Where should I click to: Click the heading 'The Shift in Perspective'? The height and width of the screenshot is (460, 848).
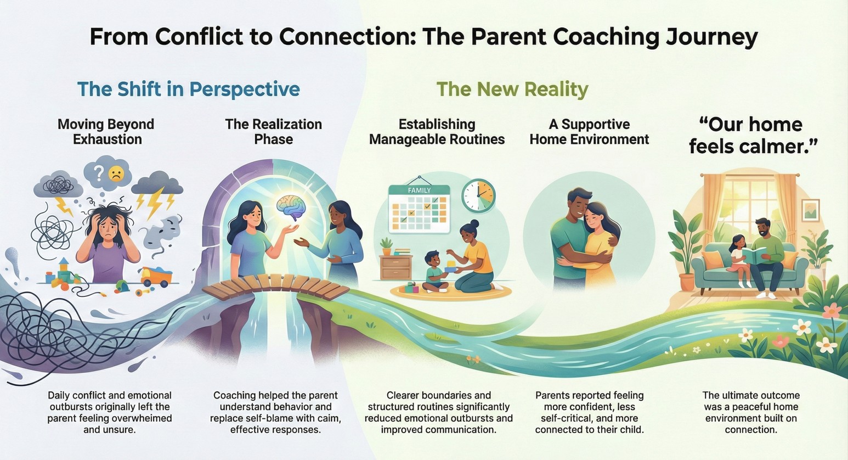[x=189, y=90]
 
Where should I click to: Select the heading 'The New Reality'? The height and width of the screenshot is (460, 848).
[x=512, y=90]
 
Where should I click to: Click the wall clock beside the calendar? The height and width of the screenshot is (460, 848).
[x=478, y=195]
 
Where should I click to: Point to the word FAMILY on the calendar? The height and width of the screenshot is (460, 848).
[x=419, y=190]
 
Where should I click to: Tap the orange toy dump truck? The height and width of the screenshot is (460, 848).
[x=156, y=277]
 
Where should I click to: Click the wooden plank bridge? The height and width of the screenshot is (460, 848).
[x=275, y=287]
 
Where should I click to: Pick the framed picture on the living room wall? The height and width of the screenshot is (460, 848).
[x=811, y=210]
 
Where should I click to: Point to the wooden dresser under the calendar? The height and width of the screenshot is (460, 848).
[x=396, y=267]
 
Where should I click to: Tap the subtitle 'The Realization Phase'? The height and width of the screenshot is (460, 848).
[x=273, y=132]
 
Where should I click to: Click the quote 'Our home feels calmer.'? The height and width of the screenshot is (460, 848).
[x=751, y=135]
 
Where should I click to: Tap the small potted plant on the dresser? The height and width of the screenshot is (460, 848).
[x=386, y=246]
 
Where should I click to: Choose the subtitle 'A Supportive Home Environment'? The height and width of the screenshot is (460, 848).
[x=589, y=132]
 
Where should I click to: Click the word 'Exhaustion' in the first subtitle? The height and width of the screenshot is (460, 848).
[x=108, y=139]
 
